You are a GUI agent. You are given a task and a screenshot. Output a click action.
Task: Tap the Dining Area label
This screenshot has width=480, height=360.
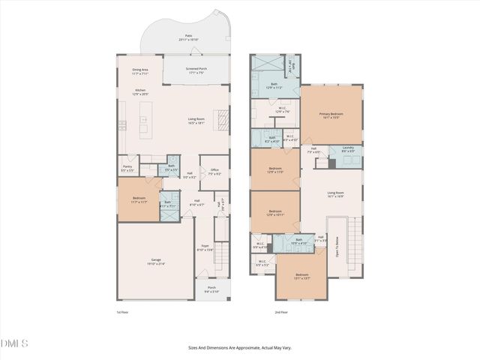click(141, 72)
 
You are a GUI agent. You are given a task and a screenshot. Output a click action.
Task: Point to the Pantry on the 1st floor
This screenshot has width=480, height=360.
click(127, 169)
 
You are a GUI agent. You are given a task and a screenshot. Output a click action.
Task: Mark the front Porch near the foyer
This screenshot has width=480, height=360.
click(211, 289)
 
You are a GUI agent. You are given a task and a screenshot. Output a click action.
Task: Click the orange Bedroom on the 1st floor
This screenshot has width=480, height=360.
click(138, 201)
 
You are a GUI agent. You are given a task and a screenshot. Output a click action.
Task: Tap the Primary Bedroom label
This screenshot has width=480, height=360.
click(331, 115)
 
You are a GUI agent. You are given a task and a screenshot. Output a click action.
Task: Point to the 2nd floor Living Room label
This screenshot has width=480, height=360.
click(334, 194)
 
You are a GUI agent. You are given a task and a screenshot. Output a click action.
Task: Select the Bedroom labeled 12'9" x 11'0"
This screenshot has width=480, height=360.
click(275, 169)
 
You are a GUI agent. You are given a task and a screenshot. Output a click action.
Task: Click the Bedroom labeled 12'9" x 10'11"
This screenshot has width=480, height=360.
click(275, 213)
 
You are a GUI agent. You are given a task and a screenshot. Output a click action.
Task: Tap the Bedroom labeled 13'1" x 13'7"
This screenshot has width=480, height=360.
click(301, 277)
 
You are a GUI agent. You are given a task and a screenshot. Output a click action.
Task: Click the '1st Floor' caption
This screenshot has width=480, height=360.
click(124, 311)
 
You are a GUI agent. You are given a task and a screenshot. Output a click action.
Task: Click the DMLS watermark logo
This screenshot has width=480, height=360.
click(14, 343)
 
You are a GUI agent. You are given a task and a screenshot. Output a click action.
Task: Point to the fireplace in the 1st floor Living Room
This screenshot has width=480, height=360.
click(220, 119)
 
